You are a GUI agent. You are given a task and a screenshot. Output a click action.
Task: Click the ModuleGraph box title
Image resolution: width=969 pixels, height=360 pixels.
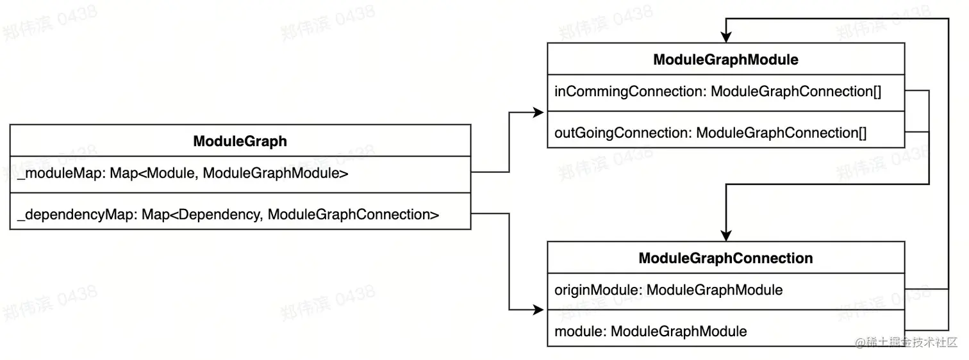tap(240, 142)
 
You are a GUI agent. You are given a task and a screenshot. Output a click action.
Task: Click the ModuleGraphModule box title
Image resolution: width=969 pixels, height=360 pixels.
tap(725, 60)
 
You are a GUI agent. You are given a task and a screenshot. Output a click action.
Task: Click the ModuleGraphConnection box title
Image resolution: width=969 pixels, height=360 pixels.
tap(725, 258)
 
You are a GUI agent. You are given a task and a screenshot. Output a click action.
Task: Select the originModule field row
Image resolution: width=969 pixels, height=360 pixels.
tap(668, 290)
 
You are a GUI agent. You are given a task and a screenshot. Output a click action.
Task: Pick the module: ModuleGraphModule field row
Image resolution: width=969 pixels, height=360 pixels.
tap(650, 332)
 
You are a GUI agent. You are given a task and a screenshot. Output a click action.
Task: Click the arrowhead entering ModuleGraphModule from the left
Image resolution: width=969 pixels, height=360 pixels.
tap(538, 113)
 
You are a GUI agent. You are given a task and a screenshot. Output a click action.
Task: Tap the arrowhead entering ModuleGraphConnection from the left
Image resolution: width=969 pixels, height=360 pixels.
tap(538, 311)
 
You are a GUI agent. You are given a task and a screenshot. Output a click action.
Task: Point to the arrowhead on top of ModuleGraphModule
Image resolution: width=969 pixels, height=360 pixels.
tap(725, 37)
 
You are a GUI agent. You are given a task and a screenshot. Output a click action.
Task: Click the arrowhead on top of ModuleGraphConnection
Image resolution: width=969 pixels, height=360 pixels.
tap(725, 235)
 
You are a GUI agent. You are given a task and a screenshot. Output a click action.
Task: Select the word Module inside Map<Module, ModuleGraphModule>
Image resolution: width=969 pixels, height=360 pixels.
tap(173, 173)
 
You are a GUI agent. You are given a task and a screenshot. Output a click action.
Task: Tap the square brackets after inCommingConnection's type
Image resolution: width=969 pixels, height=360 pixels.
tap(877, 92)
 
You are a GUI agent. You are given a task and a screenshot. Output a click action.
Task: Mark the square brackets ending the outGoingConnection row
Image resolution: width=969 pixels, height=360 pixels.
tap(862, 133)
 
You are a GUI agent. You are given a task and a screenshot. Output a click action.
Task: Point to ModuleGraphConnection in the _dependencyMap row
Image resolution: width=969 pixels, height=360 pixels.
tap(349, 215)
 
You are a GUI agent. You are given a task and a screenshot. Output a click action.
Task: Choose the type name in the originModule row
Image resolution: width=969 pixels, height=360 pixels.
tap(714, 290)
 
